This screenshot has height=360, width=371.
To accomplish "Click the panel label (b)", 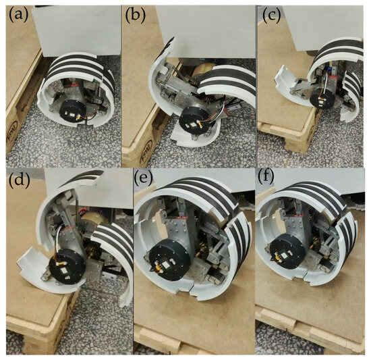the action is pos(136,16).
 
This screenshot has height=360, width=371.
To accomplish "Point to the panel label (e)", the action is pos(143,179).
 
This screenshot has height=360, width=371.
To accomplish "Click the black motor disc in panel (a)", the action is pos(70,112).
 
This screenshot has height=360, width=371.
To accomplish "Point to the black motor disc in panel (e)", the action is pos(169,259).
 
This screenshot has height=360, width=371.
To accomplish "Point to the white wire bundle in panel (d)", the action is pos(61,240).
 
